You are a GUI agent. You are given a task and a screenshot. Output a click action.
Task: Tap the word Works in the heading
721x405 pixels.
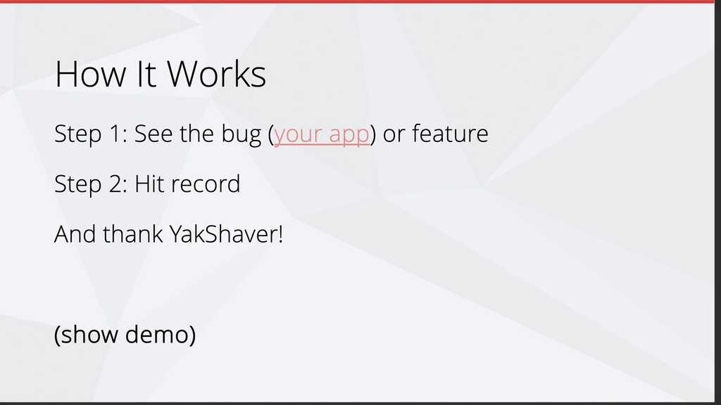(x=217, y=73)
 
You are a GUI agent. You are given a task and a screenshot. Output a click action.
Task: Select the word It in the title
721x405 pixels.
(x=146, y=73)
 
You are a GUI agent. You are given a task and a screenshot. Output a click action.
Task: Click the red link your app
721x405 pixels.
(x=321, y=135)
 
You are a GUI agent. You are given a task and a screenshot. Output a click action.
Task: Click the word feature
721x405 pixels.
(x=450, y=134)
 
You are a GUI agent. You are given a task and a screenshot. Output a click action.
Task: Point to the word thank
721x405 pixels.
(x=133, y=234)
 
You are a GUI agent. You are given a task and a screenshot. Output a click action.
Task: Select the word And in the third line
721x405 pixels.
(x=75, y=234)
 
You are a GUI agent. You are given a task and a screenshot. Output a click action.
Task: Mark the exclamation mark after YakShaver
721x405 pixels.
(x=280, y=234)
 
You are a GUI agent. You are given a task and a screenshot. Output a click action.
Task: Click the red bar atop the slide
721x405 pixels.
(x=357, y=2)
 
